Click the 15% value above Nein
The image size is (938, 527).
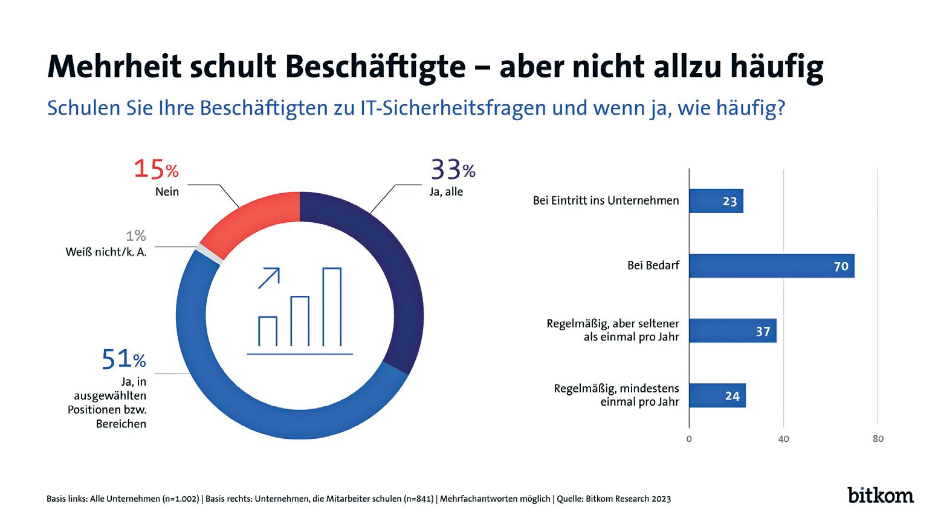156,170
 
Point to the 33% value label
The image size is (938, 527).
453,170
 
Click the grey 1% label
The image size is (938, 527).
136,236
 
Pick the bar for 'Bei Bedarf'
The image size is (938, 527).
771,266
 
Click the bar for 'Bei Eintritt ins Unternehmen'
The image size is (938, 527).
716,201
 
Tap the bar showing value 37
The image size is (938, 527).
733,331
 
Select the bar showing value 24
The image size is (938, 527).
717,396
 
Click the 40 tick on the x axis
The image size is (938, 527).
783,439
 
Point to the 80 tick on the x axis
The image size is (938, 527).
878,439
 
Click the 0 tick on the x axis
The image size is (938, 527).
689,439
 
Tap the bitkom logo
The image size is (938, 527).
880,494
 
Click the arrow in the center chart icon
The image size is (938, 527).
269,278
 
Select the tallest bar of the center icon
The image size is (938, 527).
332,307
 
